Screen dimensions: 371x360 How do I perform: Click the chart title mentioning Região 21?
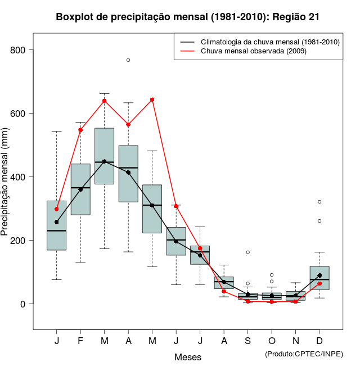point(188,17)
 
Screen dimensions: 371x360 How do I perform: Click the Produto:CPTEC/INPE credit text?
point(304,354)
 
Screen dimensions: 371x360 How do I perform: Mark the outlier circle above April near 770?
point(128,60)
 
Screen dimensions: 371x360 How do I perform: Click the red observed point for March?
point(105,101)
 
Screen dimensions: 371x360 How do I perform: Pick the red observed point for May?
point(152,99)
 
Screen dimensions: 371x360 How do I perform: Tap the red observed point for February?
point(80,130)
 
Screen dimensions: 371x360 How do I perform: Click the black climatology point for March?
point(105,162)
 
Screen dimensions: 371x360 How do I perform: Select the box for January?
point(57,225)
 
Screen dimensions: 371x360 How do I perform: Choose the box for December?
point(319,278)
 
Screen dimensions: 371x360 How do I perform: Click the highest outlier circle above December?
point(319,201)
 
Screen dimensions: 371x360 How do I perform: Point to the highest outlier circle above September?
point(247,252)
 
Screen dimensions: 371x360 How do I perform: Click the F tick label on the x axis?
point(80,341)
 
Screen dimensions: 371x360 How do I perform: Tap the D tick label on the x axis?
point(319,341)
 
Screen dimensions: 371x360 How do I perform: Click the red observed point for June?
point(176,206)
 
